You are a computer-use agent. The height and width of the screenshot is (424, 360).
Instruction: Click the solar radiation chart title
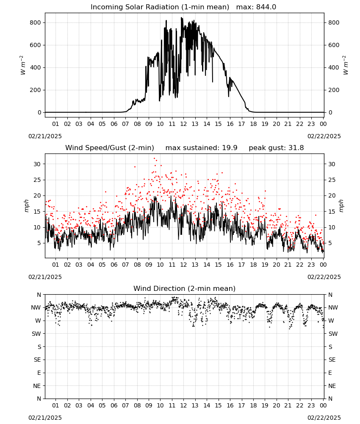160,7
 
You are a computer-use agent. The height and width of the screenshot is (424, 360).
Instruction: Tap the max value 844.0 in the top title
266,7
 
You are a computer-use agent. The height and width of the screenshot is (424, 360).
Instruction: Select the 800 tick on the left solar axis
36,23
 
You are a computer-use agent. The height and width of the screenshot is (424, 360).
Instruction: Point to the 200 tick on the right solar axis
334,90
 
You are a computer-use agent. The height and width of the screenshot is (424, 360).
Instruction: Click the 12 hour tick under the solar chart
183,124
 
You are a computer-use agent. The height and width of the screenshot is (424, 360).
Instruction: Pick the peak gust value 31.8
296,148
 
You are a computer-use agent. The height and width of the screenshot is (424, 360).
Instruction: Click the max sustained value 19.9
230,148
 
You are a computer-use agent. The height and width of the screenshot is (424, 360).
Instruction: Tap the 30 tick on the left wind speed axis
37,164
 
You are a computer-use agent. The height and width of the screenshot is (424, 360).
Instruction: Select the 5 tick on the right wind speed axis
330,243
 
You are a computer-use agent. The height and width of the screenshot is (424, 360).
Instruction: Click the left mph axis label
26,206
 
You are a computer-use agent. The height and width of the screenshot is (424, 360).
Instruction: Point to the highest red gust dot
155,159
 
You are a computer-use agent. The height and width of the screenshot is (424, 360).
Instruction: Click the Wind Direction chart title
185,288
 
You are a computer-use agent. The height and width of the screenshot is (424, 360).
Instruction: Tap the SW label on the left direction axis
36,334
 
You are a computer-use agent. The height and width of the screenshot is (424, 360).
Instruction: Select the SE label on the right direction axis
332,360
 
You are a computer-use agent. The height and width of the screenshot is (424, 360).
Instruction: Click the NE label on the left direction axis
37,386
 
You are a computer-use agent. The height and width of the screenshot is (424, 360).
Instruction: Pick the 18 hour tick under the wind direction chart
253,405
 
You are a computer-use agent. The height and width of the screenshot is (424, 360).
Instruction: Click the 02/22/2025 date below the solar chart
324,136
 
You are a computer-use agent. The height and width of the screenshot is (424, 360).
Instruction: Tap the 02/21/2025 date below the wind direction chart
45,418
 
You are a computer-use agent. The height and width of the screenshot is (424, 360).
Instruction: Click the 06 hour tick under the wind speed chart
114,265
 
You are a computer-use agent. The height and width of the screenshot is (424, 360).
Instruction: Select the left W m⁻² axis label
23,65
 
